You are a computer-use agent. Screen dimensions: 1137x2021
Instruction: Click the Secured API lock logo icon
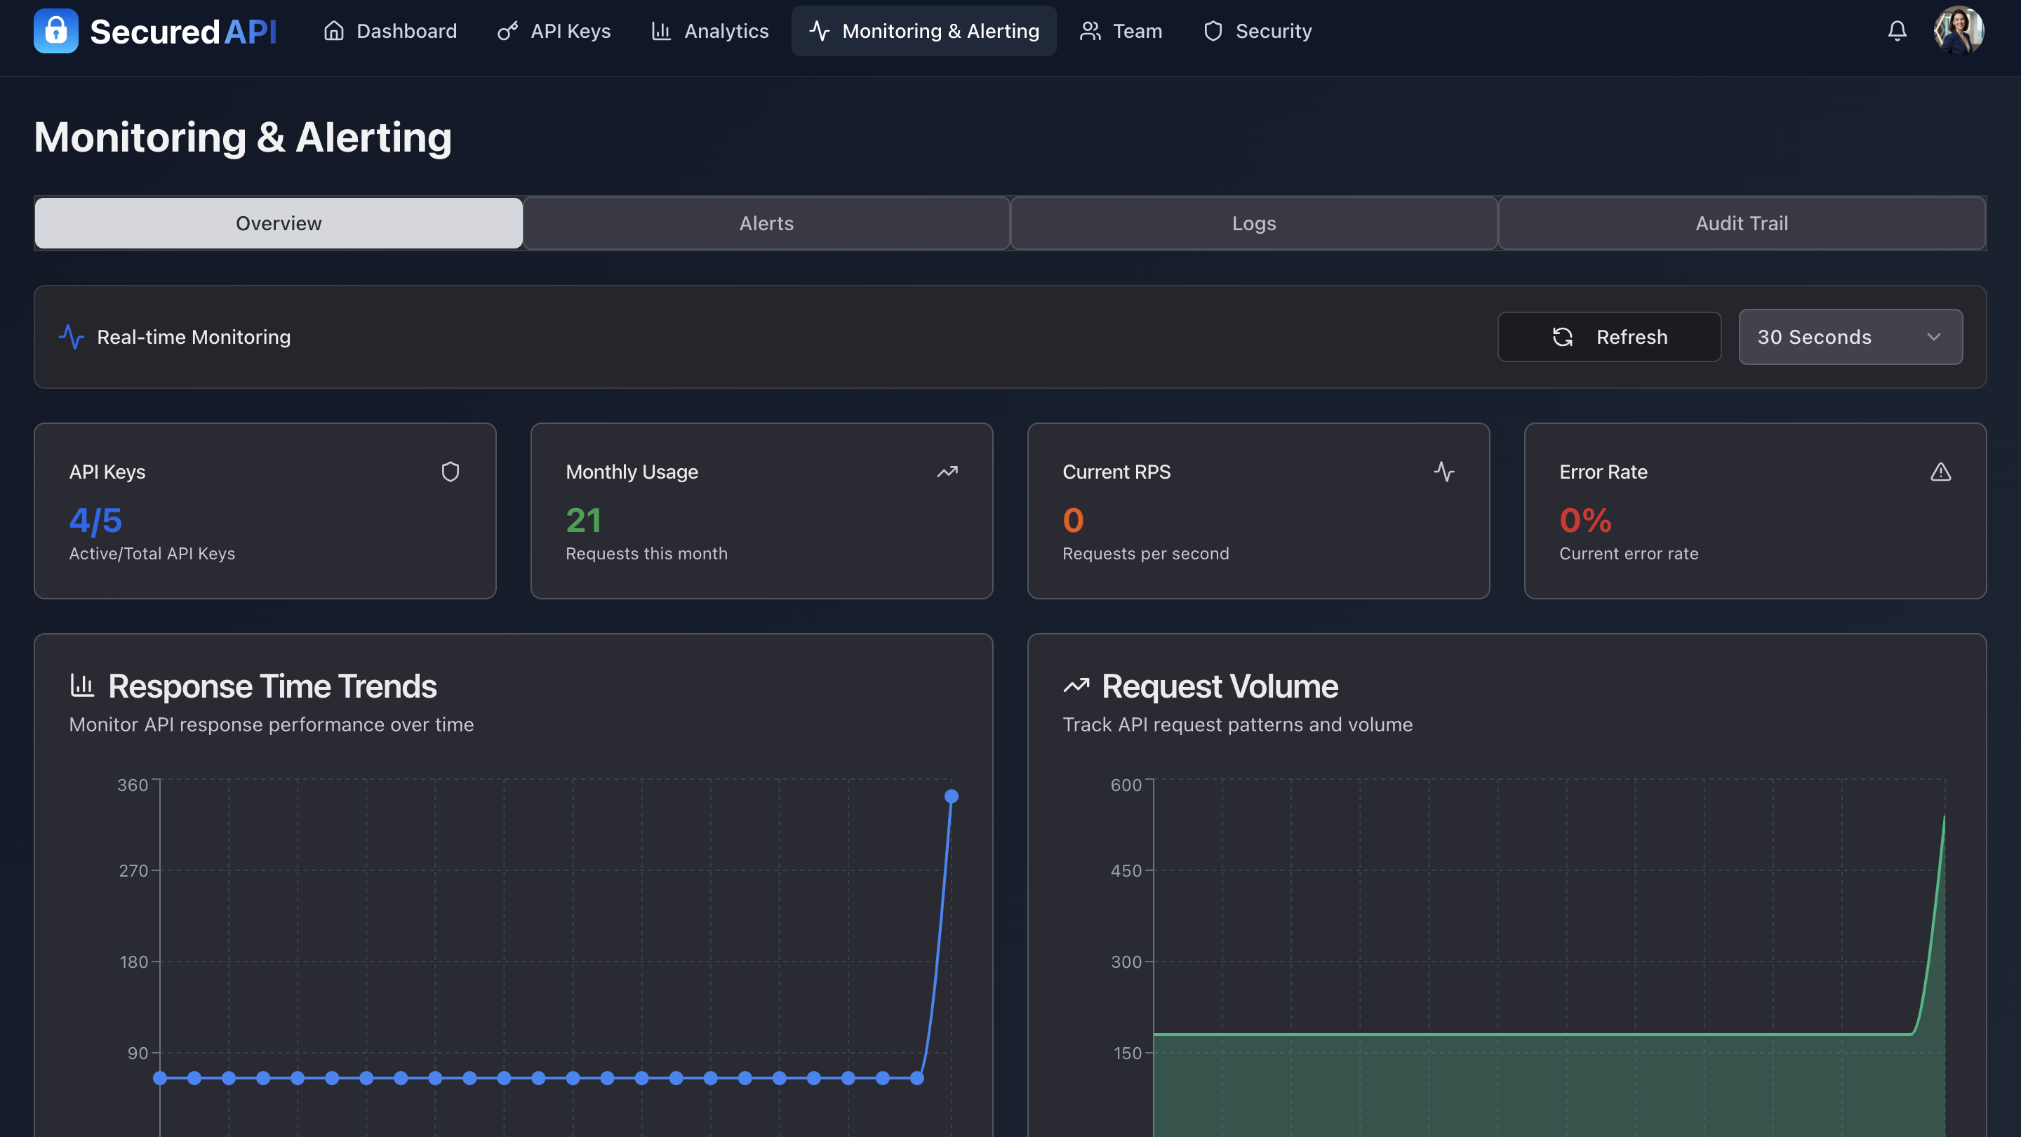55,32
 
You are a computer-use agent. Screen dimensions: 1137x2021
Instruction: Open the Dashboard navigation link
390,32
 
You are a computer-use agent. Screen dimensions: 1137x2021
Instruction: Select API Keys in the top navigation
554,32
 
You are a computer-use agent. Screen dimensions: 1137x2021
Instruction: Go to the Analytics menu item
710,32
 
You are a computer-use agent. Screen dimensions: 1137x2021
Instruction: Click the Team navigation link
1121,32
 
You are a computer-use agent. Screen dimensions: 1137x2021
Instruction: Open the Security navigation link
1258,32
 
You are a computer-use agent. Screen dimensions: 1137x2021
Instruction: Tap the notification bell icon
1897,32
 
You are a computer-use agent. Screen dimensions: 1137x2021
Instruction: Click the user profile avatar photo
1959,32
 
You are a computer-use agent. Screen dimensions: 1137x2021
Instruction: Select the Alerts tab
766,224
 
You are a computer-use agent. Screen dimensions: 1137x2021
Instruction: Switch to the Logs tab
1254,224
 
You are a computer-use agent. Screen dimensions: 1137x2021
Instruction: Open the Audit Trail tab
1742,224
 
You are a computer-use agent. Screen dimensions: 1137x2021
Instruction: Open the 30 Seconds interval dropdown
1850,338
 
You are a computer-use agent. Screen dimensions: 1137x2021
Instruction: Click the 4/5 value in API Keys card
95,520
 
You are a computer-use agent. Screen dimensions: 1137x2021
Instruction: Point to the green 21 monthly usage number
584,520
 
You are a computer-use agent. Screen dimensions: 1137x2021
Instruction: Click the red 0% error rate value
1585,520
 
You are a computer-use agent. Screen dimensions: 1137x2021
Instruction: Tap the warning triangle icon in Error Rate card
1940,472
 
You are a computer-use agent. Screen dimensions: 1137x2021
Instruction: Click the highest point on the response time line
951,797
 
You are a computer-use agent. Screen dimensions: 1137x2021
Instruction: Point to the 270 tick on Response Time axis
133,871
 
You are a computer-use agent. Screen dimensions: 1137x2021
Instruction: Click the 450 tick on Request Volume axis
1126,871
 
